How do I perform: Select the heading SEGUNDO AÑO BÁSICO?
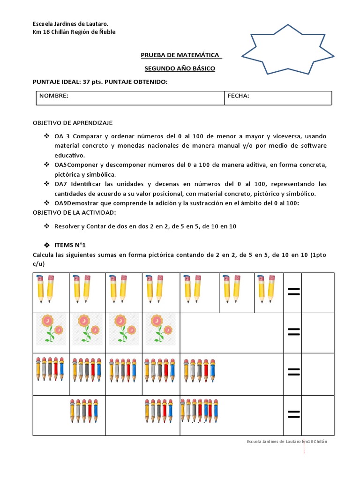pos(180,68)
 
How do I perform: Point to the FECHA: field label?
pos(238,96)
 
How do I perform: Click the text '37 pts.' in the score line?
pos(93,82)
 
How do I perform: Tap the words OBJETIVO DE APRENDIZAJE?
pos(72,123)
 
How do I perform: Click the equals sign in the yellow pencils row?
pos(293,292)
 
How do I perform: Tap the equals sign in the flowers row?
pos(293,332)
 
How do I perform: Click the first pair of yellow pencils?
pos(45,288)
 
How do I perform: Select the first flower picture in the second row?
pos(51,328)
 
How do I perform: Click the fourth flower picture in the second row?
pos(160,328)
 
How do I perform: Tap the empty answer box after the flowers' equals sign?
pos(317,332)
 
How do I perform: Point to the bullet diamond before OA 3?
pos(46,136)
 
